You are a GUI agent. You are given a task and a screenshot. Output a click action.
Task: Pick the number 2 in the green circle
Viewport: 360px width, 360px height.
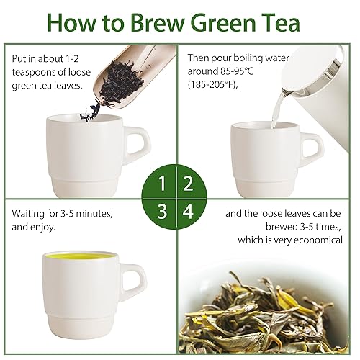[x=188, y=182]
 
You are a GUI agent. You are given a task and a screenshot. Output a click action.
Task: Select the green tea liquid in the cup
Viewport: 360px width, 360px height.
[x=79, y=256]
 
